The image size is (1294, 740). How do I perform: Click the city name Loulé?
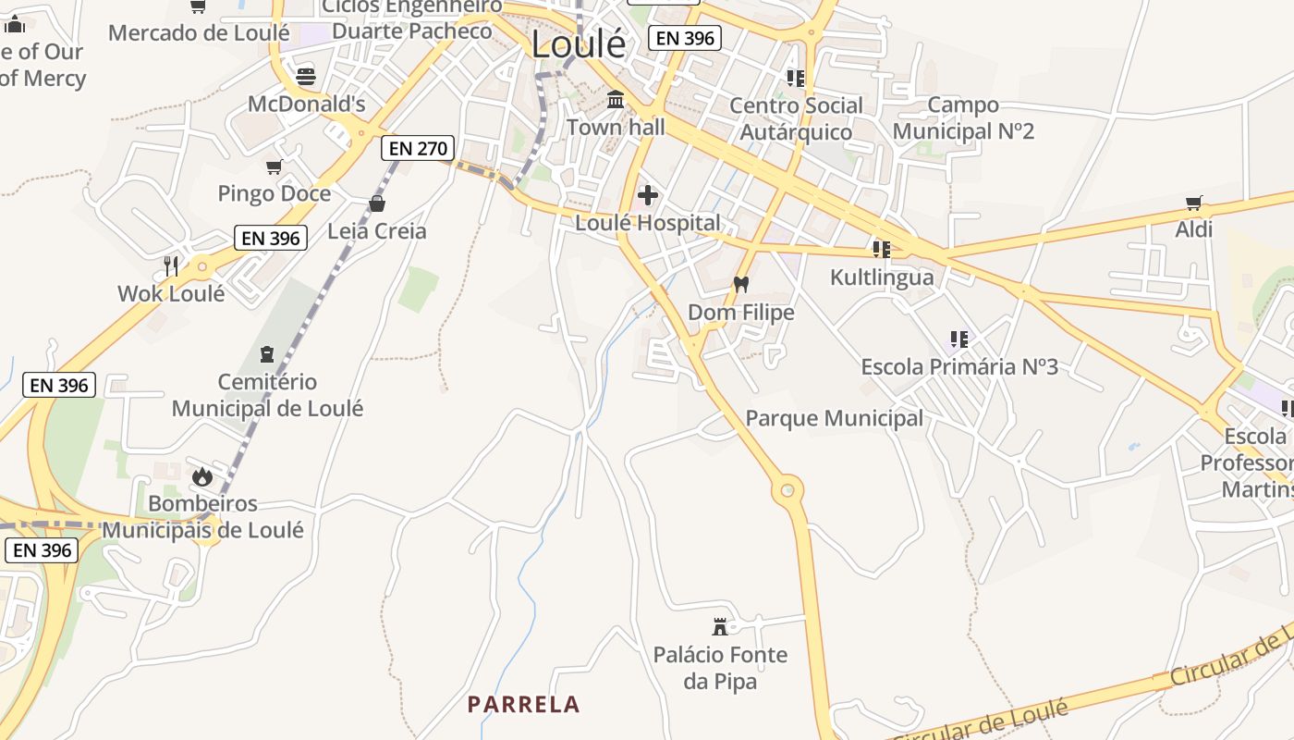pyautogui.click(x=579, y=43)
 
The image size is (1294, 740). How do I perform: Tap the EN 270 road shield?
pyautogui.click(x=418, y=148)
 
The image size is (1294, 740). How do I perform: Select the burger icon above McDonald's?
pyautogui.click(x=306, y=76)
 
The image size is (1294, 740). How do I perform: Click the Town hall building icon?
pyautogui.click(x=616, y=99)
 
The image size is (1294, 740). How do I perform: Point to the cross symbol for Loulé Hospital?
pyautogui.click(x=648, y=195)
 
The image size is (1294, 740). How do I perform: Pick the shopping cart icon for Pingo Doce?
pyautogui.click(x=274, y=167)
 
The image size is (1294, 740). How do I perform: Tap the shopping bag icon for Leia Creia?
pyautogui.click(x=377, y=203)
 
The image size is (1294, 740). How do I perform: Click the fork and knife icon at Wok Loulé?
pyautogui.click(x=170, y=266)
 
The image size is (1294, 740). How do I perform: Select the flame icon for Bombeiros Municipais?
pyautogui.click(x=202, y=477)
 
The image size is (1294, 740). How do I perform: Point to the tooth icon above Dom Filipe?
pyautogui.click(x=740, y=285)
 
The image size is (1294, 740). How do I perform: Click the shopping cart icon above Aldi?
pyautogui.click(x=1194, y=203)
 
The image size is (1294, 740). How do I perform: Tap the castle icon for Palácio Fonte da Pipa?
pyautogui.click(x=720, y=627)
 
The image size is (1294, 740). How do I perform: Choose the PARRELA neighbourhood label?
pyautogui.click(x=523, y=705)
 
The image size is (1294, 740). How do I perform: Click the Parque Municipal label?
pyautogui.click(x=834, y=418)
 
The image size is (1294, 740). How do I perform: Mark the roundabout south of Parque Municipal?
pyautogui.click(x=787, y=487)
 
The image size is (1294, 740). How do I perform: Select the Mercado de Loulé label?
pyautogui.click(x=199, y=33)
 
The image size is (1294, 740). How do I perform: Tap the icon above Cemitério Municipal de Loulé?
pyautogui.click(x=267, y=353)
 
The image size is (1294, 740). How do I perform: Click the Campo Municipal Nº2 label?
pyautogui.click(x=963, y=117)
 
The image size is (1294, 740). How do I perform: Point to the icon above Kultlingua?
pyautogui.click(x=882, y=250)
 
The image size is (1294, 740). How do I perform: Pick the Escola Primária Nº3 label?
pyautogui.click(x=959, y=366)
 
